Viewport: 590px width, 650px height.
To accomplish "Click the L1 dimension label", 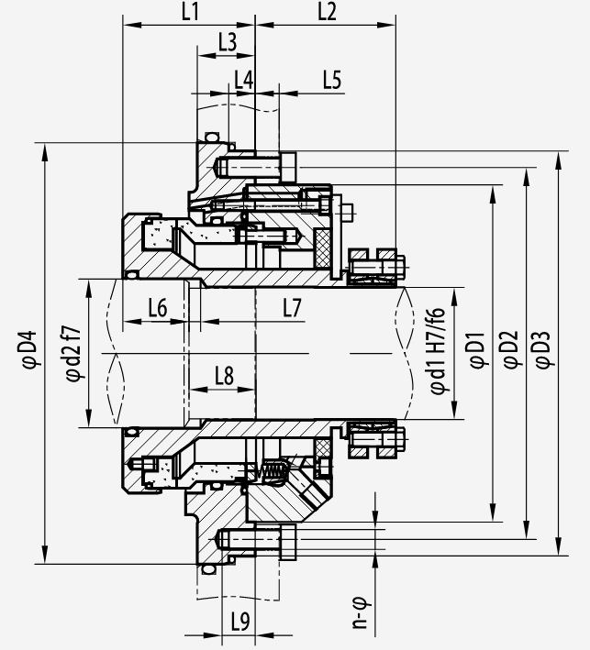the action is [x=191, y=12].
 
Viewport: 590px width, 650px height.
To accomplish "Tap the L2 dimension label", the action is [x=327, y=12].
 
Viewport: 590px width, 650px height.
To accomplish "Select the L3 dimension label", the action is [x=228, y=42].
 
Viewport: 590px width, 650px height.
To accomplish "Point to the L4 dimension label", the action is [x=243, y=80].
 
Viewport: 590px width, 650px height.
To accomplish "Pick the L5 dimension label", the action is [x=332, y=80].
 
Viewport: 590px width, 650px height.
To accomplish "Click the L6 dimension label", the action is [x=158, y=308].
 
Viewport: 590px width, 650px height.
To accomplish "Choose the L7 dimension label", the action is [x=292, y=308].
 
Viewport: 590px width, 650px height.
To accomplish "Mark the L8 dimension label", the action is [x=225, y=376].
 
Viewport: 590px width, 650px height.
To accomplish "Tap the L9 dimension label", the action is [x=240, y=622].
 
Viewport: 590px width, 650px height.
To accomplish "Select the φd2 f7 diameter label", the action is [x=72, y=354].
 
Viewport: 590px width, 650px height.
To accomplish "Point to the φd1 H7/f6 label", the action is [x=438, y=351].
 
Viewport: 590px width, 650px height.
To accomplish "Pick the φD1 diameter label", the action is [x=477, y=349].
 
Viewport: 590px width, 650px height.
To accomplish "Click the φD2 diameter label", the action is [x=511, y=349].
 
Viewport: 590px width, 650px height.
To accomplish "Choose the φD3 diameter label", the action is [x=543, y=349].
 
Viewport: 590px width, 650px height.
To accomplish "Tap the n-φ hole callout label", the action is [x=360, y=612].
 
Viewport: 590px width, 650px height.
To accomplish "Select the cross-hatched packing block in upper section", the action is [x=322, y=248].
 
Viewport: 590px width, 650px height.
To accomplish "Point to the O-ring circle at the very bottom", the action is [x=208, y=569].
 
